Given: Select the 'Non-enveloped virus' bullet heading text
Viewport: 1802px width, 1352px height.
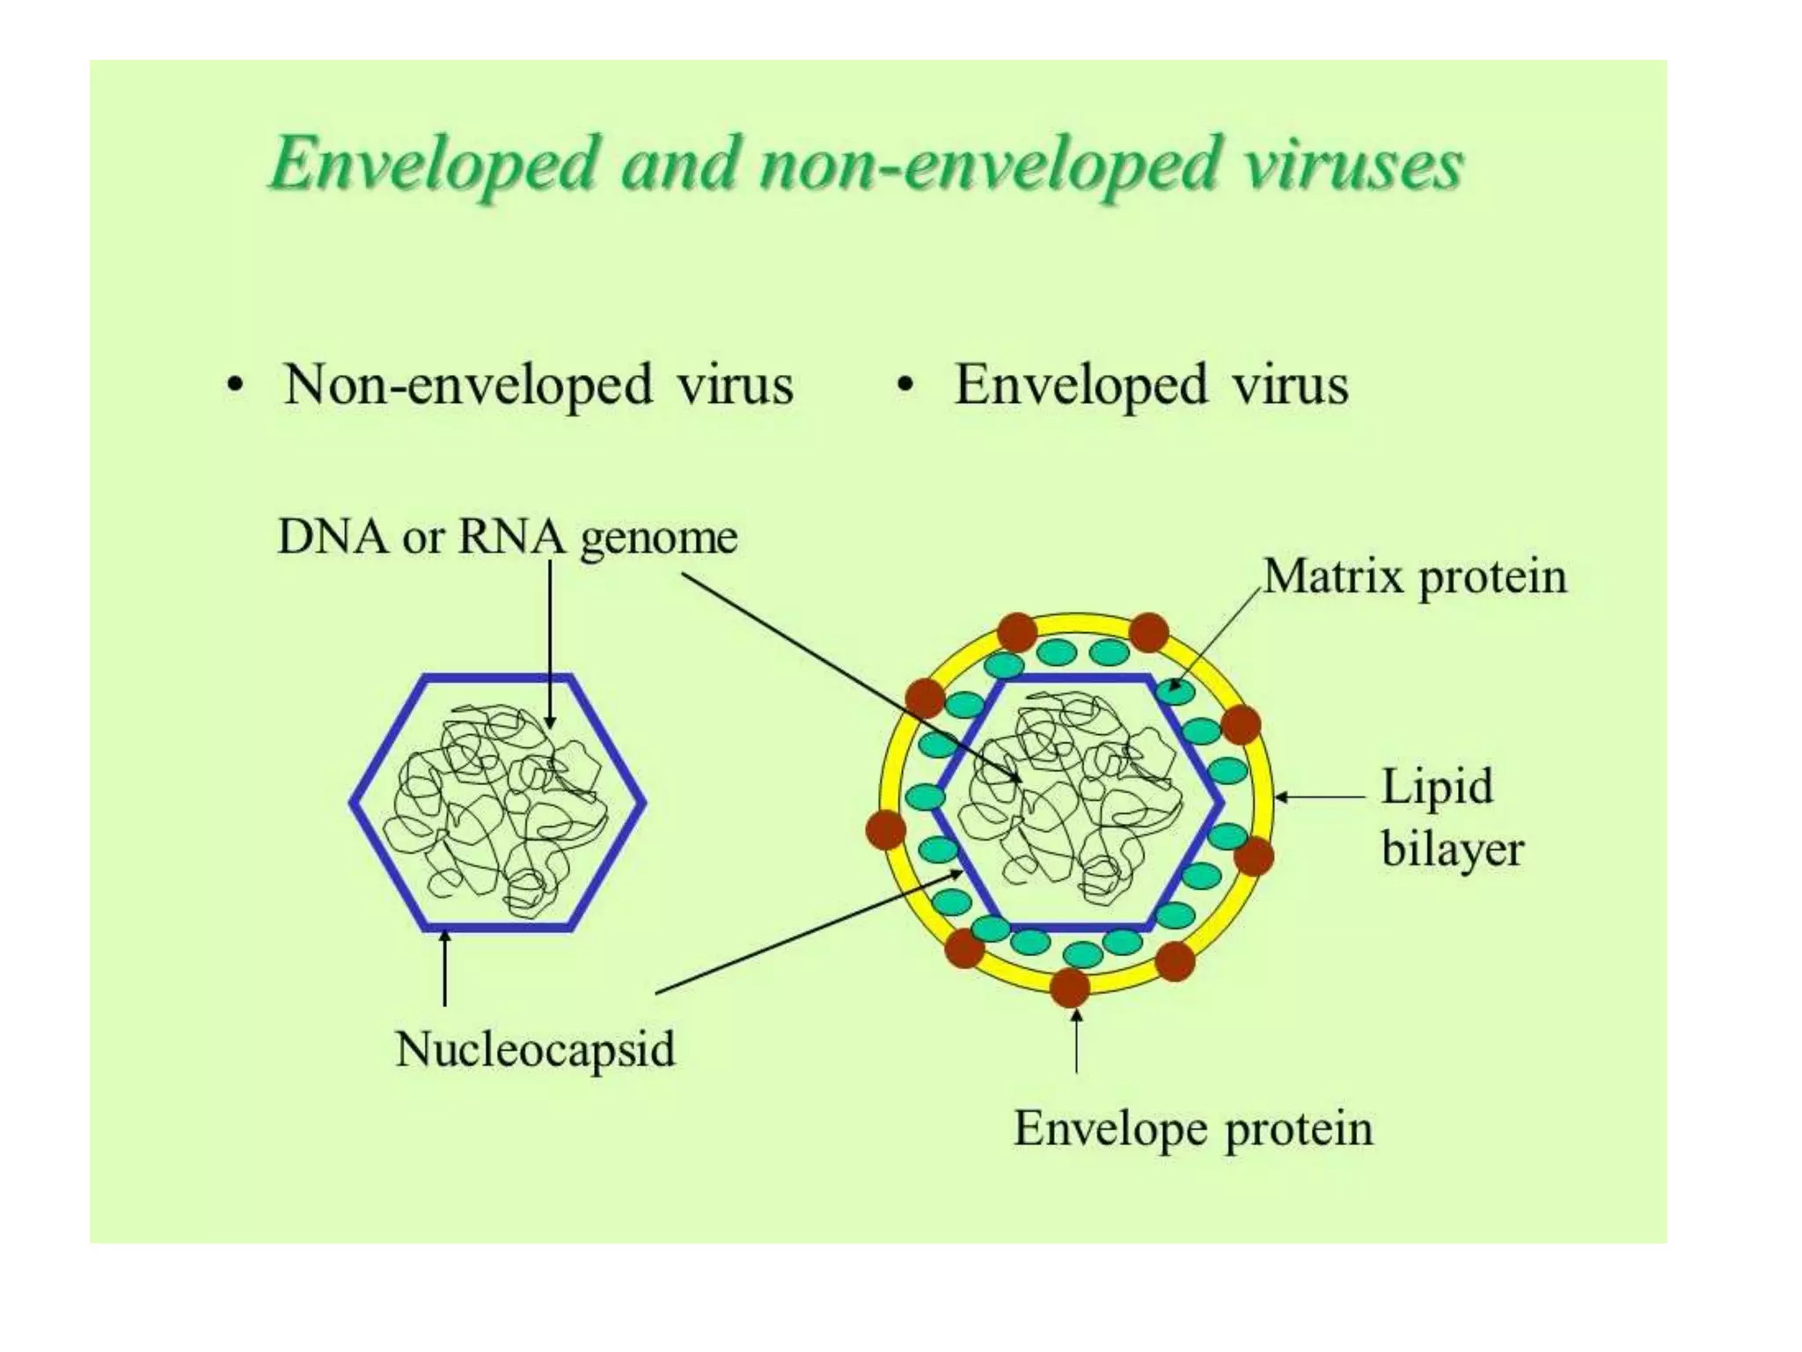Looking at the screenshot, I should click(x=538, y=386).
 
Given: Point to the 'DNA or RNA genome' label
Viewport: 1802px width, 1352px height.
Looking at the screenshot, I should click(x=507, y=536).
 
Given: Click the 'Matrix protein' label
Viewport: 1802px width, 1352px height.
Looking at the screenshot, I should click(x=1415, y=577).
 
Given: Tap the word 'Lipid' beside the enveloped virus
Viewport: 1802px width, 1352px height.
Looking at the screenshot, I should click(x=1437, y=786).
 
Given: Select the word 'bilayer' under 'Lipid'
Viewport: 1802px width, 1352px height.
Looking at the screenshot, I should click(x=1452, y=849).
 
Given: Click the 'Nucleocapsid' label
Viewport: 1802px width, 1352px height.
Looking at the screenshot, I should click(x=535, y=1049).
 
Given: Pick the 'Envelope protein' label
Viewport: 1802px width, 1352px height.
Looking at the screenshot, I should click(x=1193, y=1128).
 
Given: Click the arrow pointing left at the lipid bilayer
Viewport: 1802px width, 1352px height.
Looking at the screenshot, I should click(x=1320, y=797).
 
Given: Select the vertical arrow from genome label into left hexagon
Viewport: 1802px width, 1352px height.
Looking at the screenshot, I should click(x=550, y=643).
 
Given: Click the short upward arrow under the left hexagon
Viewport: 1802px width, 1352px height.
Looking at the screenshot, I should click(x=445, y=968).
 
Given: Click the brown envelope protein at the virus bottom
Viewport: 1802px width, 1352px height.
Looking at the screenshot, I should click(x=1070, y=987).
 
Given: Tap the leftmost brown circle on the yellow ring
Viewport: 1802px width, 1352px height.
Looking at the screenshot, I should click(x=885, y=830).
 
